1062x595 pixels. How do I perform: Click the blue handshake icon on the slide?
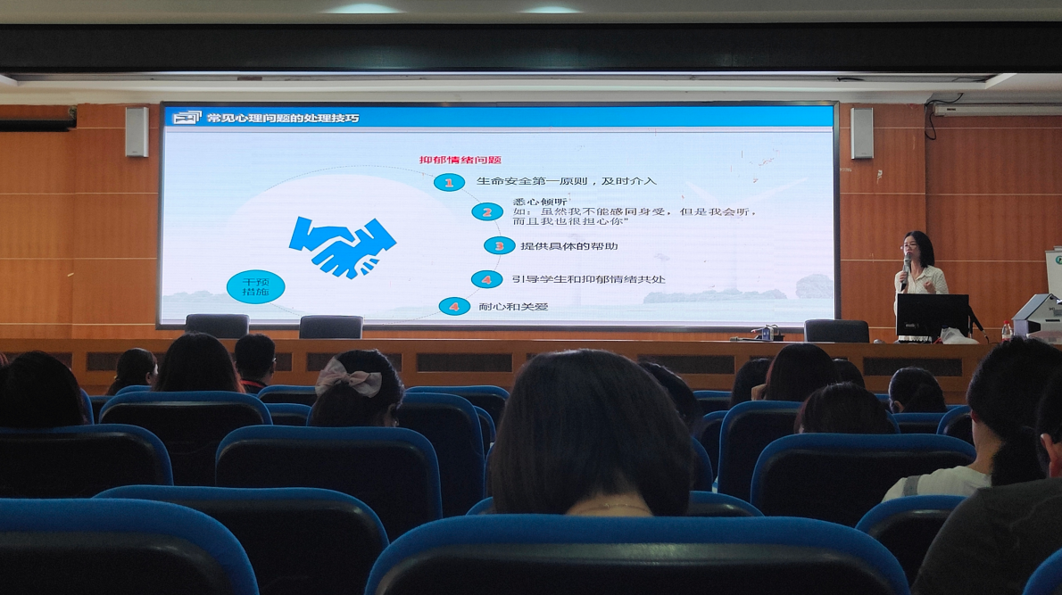pos(342,247)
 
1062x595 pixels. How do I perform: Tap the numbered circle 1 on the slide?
pos(448,182)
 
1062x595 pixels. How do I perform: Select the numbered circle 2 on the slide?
pos(487,212)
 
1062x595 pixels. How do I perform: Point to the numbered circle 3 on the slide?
pos(499,245)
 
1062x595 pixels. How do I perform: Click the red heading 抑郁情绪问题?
pos(460,161)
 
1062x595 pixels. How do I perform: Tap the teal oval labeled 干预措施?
pos(255,286)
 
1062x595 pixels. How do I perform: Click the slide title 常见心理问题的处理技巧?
pos(282,118)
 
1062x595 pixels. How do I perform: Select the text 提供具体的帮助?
pos(569,245)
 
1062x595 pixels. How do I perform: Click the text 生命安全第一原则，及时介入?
pos(566,181)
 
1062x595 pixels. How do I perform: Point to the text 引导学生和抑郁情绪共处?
pos(588,279)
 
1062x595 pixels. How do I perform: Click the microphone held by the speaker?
pos(906,269)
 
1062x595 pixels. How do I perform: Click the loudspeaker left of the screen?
pos(137,132)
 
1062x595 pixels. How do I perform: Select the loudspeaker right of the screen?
pos(861,133)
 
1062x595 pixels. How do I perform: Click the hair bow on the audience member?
pos(349,376)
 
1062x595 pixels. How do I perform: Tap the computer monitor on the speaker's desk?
pos(932,316)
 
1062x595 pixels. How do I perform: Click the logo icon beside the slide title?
pos(187,118)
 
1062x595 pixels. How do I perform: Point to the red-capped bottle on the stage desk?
pos(1007,330)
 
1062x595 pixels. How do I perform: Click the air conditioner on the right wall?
pos(997,109)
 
